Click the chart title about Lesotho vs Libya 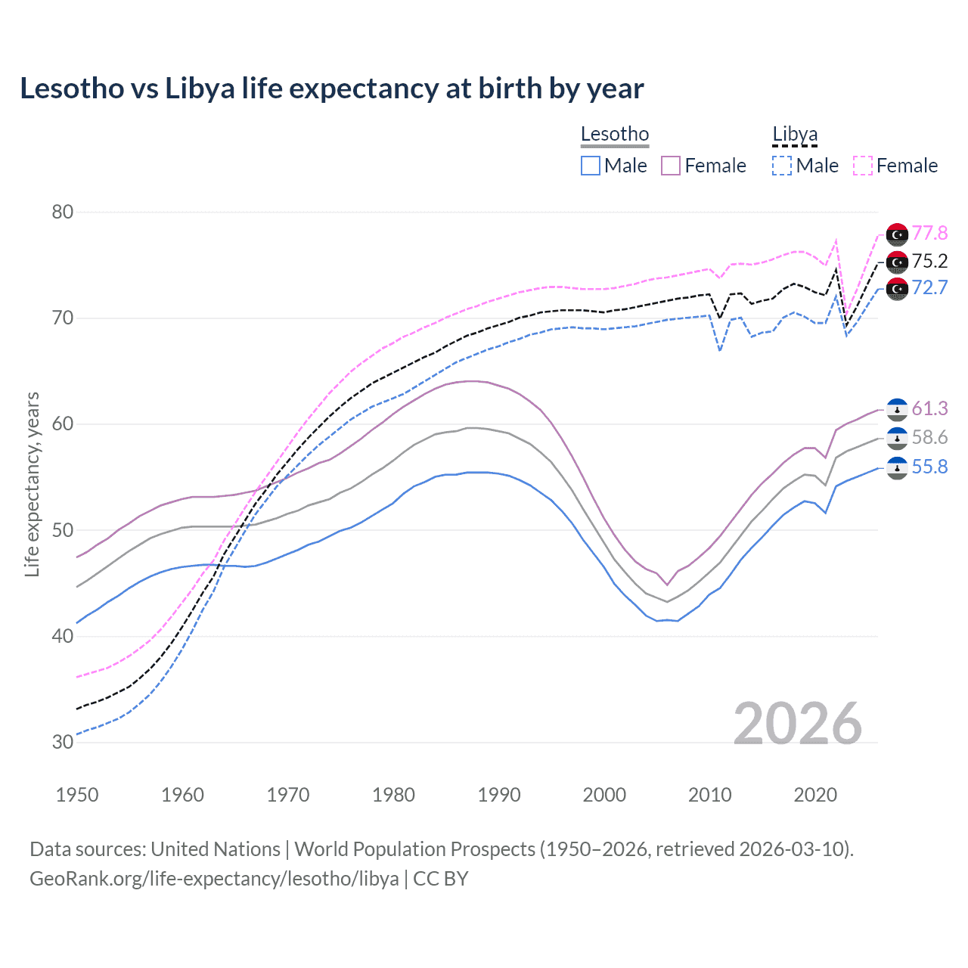[x=331, y=88]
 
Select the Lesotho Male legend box [x=591, y=166]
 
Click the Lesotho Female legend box [x=671, y=166]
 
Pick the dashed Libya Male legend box [x=782, y=166]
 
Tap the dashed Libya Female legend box [x=863, y=166]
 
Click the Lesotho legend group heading [x=615, y=135]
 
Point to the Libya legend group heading [x=795, y=135]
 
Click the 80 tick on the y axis [x=63, y=212]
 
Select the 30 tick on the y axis [x=63, y=742]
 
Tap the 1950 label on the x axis [x=77, y=795]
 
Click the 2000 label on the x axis [x=604, y=795]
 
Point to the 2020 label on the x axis [x=815, y=795]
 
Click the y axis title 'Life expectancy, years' [x=33, y=484]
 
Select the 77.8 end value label [x=929, y=233]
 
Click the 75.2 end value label [x=929, y=261]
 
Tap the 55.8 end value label [x=929, y=467]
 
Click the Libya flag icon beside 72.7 [x=897, y=288]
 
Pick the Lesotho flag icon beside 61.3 [x=897, y=409]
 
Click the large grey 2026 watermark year [x=798, y=724]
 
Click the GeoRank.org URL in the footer [x=214, y=879]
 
